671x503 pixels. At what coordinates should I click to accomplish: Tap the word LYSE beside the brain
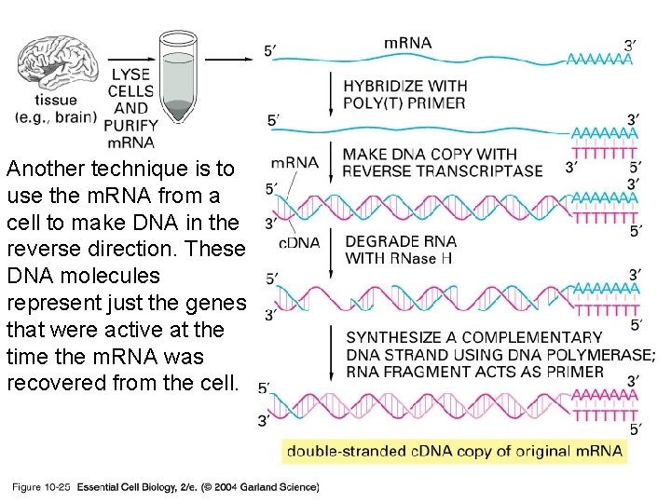pos(130,75)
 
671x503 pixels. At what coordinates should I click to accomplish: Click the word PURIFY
pos(130,125)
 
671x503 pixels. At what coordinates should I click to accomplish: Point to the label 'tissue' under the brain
pos(56,101)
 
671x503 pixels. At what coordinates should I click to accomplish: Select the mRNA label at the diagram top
pos(407,42)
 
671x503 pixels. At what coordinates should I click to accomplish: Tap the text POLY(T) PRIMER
pos(404,102)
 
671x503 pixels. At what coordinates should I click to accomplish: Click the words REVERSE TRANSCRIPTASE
pos(442,170)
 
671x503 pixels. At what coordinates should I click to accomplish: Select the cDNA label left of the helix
pos(299,242)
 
